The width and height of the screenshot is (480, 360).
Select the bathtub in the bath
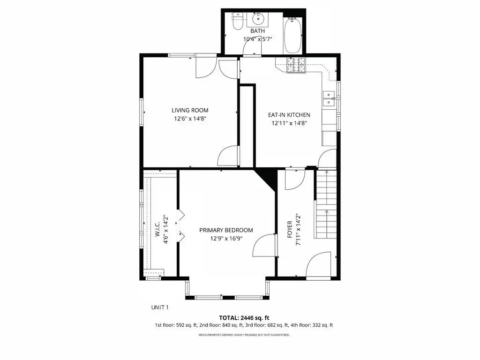coord(292,36)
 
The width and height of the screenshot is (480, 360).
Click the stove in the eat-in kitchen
coord(296,65)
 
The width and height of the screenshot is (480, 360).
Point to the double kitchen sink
coord(329,98)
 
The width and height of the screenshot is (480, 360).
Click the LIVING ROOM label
coord(190,111)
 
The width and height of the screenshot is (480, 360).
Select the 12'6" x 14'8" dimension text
coord(190,119)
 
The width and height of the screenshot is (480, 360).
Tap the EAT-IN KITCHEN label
coord(289,115)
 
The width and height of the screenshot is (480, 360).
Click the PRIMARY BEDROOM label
coord(226,230)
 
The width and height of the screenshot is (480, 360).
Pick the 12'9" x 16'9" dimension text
coord(226,239)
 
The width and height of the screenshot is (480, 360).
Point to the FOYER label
coord(290,230)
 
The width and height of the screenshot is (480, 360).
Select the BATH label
coord(257,31)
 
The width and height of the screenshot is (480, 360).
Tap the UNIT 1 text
coord(160,307)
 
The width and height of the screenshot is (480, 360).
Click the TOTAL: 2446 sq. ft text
coord(244,318)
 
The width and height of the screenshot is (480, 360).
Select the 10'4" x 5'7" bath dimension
coord(257,39)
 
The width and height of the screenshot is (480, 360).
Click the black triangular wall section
coord(266,178)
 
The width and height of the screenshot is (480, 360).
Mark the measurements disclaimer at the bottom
coord(244,335)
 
